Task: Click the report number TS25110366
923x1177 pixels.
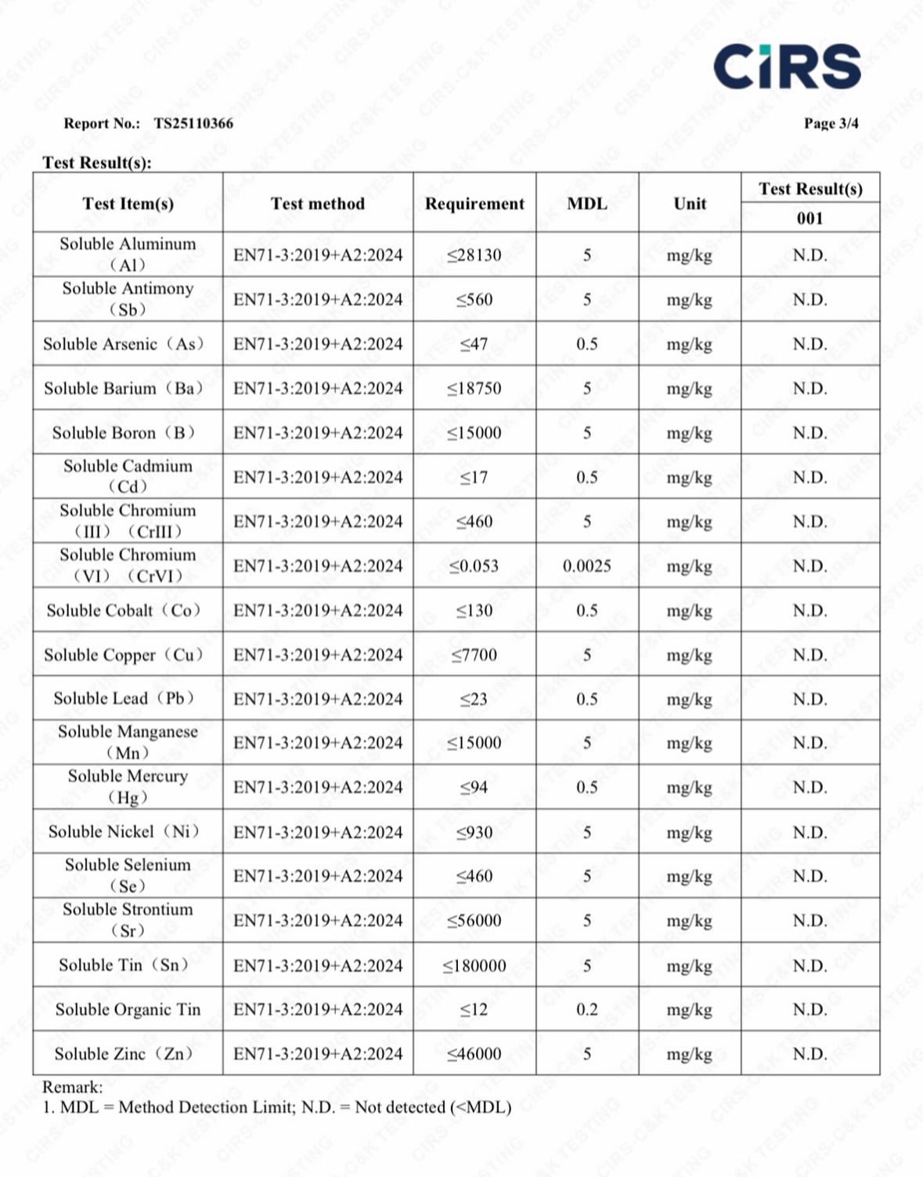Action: point(193,123)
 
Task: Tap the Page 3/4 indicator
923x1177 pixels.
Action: point(831,123)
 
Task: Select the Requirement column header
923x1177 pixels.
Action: point(474,204)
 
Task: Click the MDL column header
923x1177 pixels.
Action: point(586,204)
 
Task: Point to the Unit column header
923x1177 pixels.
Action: point(689,204)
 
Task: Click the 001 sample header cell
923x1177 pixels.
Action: point(809,218)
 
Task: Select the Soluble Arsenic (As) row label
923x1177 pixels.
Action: point(124,344)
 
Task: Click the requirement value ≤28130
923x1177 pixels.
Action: point(474,255)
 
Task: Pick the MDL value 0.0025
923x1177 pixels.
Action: point(586,566)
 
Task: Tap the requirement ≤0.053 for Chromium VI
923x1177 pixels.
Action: point(474,566)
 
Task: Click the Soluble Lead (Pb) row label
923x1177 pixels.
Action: point(124,699)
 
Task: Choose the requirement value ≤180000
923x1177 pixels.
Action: point(474,966)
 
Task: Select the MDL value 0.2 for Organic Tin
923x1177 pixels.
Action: point(586,1009)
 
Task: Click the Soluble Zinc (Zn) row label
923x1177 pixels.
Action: point(124,1054)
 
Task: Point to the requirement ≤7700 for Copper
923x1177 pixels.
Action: point(474,655)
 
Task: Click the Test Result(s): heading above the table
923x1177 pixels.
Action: point(97,162)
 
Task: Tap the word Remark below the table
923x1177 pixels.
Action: point(71,1087)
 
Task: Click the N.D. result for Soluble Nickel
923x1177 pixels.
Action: point(809,832)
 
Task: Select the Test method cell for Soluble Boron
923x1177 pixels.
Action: point(318,433)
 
